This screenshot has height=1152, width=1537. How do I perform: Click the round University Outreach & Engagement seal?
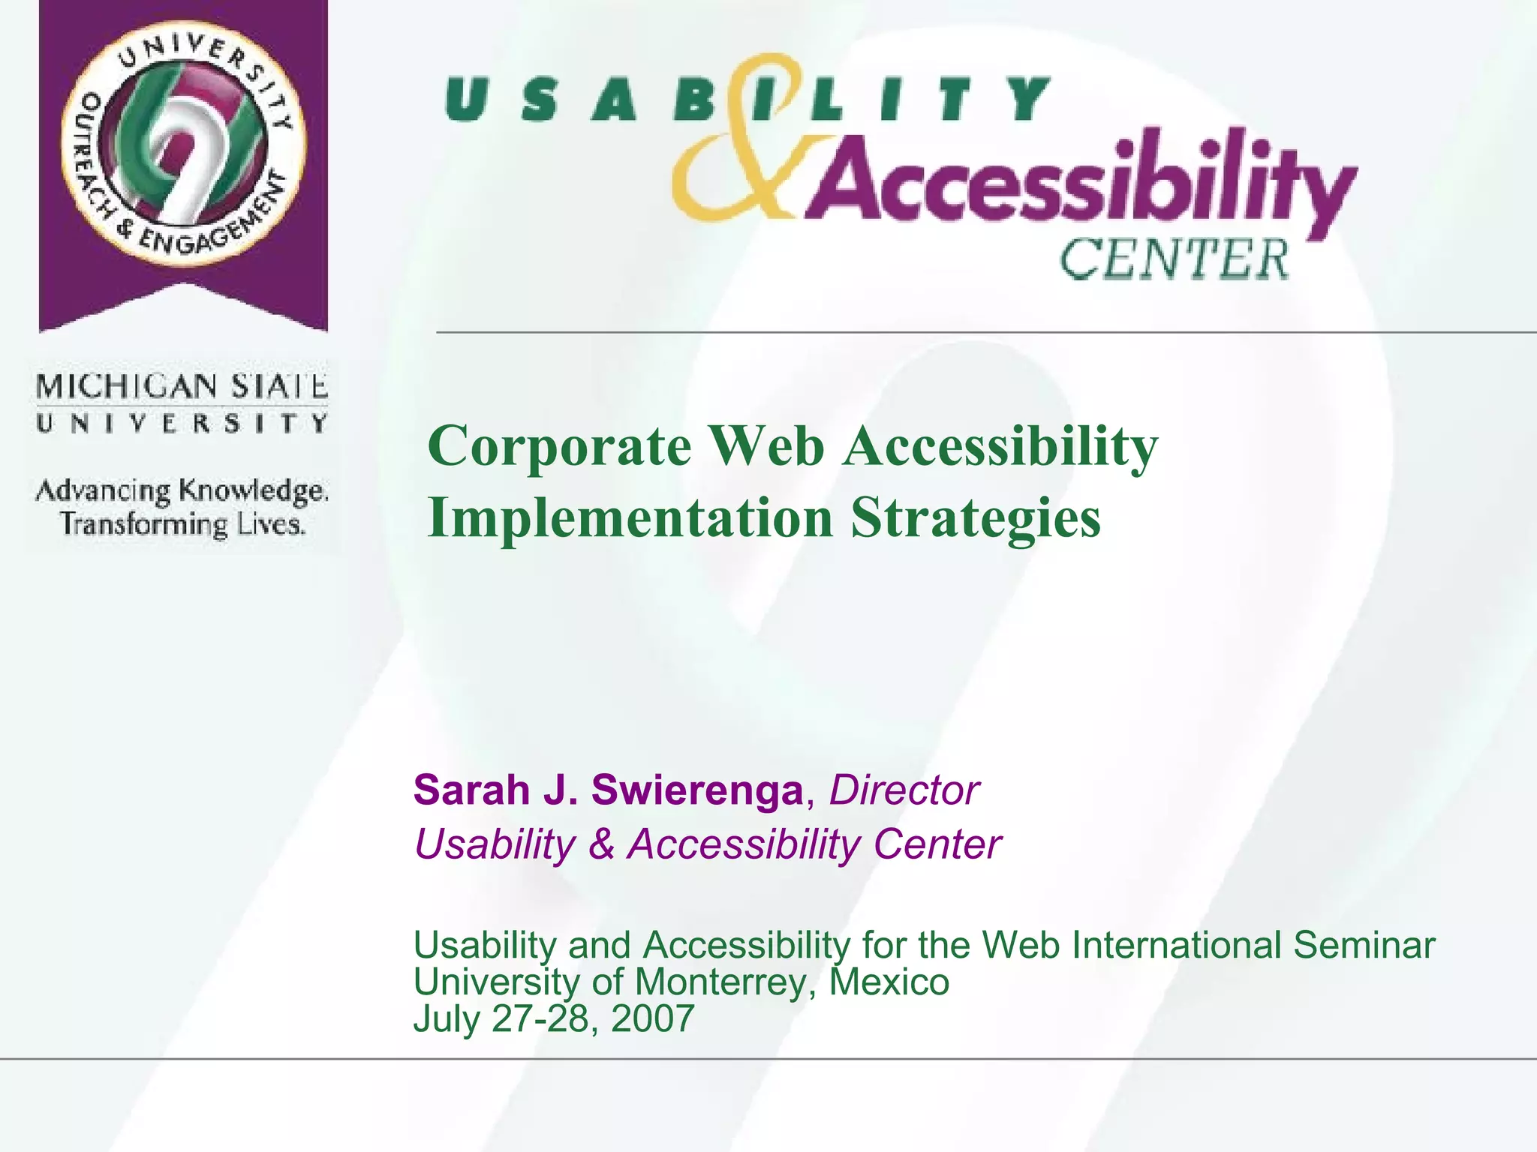click(x=183, y=142)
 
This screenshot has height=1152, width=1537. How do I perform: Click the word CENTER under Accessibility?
click(x=1174, y=259)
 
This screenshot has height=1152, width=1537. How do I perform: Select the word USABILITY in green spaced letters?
click(x=747, y=100)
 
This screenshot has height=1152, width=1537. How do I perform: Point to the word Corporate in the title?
click(x=560, y=446)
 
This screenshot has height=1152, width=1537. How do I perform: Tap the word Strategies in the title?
click(x=976, y=518)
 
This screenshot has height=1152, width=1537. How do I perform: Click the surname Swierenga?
click(x=696, y=790)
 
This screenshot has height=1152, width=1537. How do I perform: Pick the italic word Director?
click(x=904, y=790)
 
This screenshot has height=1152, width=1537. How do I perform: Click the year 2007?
click(x=652, y=1018)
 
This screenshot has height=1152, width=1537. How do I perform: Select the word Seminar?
click(x=1364, y=945)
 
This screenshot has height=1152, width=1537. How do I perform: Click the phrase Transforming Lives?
click(x=183, y=523)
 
